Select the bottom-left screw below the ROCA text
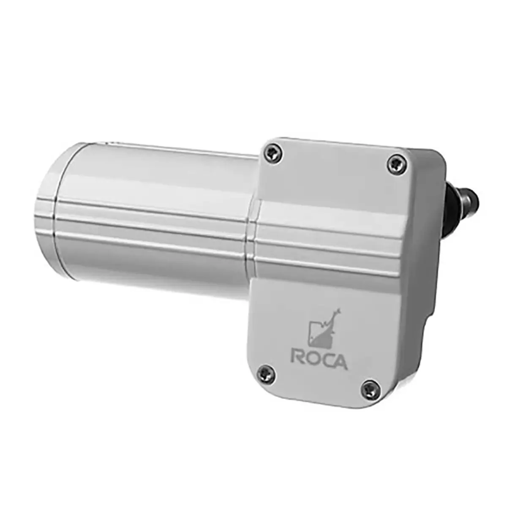click(266, 373)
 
